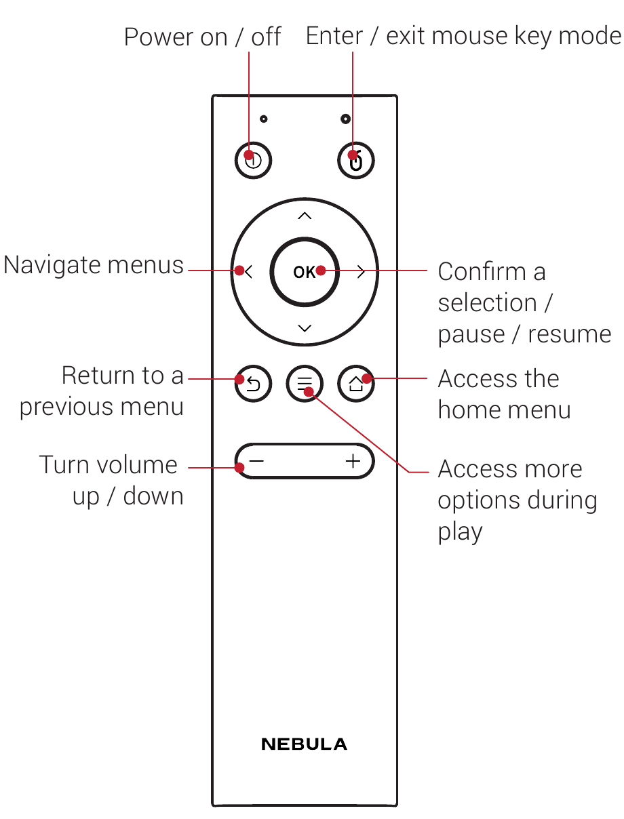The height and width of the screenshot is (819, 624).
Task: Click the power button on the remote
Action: pyautogui.click(x=253, y=161)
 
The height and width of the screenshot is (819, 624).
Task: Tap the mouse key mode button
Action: pyautogui.click(x=356, y=161)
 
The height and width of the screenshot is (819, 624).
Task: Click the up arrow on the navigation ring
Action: pyautogui.click(x=305, y=216)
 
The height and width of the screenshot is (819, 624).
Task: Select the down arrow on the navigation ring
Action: pyautogui.click(x=305, y=328)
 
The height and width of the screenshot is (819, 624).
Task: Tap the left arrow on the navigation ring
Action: pyautogui.click(x=248, y=272)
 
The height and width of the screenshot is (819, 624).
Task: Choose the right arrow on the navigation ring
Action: pyautogui.click(x=361, y=272)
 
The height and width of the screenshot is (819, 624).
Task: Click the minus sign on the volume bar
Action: pyautogui.click(x=256, y=462)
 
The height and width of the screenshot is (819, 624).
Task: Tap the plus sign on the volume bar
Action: pyautogui.click(x=353, y=462)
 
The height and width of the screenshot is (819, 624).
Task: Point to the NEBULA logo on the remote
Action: pyautogui.click(x=304, y=744)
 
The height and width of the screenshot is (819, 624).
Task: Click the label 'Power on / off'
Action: pyautogui.click(x=202, y=37)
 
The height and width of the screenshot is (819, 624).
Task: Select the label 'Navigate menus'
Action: pyautogui.click(x=94, y=265)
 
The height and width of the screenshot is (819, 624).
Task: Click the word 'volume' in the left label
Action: pyautogui.click(x=136, y=465)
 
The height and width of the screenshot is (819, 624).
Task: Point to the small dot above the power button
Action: pyautogui.click(x=263, y=119)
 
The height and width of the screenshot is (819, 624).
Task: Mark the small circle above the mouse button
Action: pyautogui.click(x=346, y=119)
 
